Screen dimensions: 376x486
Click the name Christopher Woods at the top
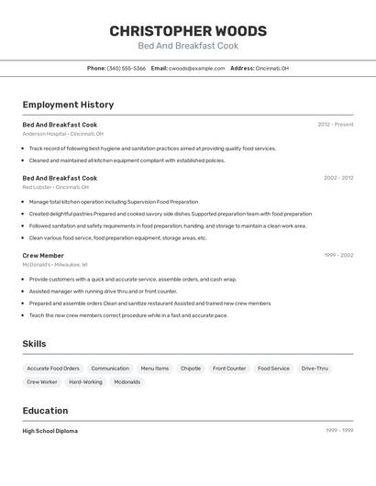click(188, 30)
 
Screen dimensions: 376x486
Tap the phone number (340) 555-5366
click(126, 68)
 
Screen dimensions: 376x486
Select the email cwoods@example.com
click(196, 68)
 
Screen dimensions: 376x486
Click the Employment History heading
click(68, 105)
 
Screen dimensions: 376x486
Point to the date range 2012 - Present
click(336, 125)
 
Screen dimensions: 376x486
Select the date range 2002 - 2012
click(338, 178)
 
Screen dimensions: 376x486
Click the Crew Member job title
click(43, 256)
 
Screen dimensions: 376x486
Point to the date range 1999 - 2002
click(338, 256)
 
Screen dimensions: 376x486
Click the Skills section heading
click(35, 344)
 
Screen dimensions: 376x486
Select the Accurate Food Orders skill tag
click(53, 369)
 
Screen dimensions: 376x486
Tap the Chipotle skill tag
click(191, 369)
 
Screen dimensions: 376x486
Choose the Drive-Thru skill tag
click(315, 369)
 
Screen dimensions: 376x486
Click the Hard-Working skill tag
click(85, 381)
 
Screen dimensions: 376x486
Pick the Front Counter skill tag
click(229, 369)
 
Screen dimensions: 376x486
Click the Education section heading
click(45, 411)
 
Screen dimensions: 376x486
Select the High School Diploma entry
click(50, 431)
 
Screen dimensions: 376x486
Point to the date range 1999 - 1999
click(339, 431)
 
